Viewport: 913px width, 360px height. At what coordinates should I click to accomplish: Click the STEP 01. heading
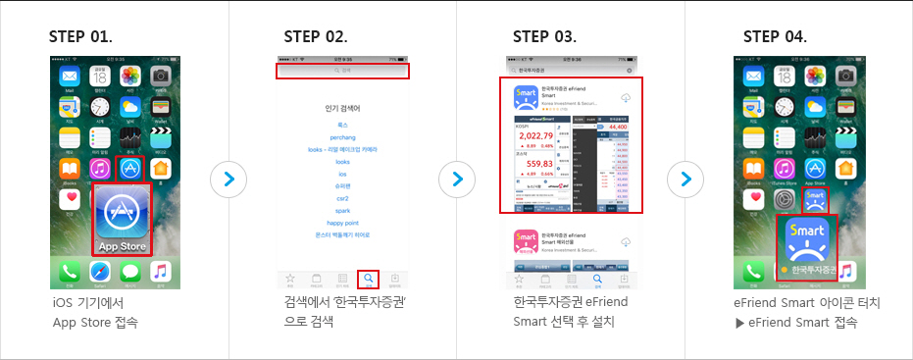[x=80, y=37]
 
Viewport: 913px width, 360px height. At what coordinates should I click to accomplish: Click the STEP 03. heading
[x=544, y=37]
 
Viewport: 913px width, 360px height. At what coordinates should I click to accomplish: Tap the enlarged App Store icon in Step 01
[x=123, y=219]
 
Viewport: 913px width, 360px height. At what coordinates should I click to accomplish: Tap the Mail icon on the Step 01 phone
[x=70, y=77]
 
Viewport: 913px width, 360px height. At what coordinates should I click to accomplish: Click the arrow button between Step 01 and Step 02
[x=228, y=180]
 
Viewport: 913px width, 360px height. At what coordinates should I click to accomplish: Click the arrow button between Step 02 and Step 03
[x=456, y=180]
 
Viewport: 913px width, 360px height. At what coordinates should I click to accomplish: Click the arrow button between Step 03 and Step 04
[x=685, y=180]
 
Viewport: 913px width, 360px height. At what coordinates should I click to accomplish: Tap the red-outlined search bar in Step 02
[x=342, y=71]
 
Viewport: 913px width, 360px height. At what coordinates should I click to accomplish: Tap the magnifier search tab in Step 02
[x=369, y=279]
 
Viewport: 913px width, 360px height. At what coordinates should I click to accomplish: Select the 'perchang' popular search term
[x=342, y=138]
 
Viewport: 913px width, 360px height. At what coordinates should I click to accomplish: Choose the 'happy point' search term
[x=342, y=223]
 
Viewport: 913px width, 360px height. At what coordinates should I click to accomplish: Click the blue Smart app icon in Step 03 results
[x=531, y=100]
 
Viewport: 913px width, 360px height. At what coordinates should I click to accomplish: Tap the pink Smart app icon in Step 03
[x=531, y=245]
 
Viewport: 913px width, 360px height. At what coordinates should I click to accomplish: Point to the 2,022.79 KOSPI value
[x=531, y=136]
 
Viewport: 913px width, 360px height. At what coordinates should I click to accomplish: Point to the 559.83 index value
[x=531, y=165]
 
